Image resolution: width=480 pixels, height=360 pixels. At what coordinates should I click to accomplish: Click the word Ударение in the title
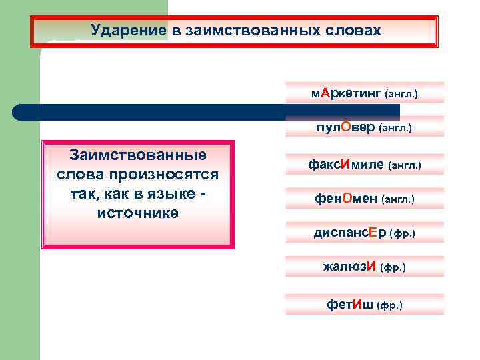click(123, 31)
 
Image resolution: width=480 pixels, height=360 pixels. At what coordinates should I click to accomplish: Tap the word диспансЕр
click(349, 233)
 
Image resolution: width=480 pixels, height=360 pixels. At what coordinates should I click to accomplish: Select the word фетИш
click(349, 305)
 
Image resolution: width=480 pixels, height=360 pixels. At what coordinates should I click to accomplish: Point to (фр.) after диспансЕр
click(402, 233)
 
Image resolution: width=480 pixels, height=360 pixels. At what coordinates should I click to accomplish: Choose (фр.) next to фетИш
click(390, 305)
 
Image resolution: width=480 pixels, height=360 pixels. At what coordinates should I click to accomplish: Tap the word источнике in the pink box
click(138, 213)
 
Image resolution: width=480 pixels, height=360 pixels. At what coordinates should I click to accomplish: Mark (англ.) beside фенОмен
click(398, 199)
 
